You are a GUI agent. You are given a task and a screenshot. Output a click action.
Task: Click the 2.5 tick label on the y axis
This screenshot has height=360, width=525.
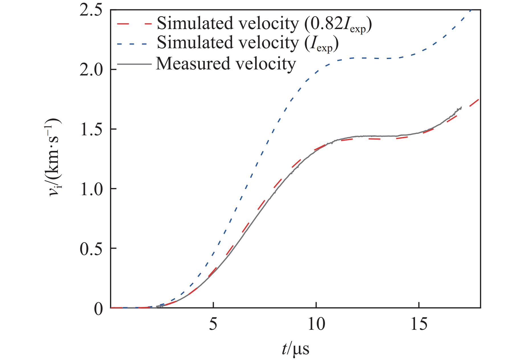(91, 10)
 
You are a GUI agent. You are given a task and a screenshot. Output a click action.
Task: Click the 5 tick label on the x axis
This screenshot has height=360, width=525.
(213, 324)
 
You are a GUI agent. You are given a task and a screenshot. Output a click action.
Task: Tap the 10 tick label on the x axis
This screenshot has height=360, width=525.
(316, 324)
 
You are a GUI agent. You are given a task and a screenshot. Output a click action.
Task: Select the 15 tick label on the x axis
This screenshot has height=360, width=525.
(419, 324)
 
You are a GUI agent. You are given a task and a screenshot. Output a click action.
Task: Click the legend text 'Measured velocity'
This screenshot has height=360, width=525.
(225, 63)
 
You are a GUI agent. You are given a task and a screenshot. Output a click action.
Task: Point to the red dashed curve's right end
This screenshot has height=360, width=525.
(479, 99)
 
